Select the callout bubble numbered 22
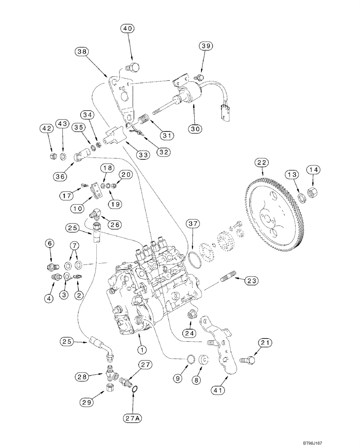click(x=261, y=164)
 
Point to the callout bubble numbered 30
click(x=195, y=128)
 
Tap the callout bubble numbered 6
click(x=50, y=243)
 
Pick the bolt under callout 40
click(x=133, y=67)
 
